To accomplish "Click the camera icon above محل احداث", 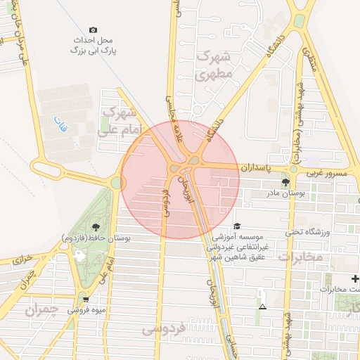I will click(x=94, y=30).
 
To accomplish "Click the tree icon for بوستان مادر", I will click(x=284, y=182).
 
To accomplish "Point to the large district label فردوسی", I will click(x=162, y=328).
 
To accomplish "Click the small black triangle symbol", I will click(x=262, y=307).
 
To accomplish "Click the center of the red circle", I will click(x=180, y=179).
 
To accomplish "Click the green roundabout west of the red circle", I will click(x=116, y=183).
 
